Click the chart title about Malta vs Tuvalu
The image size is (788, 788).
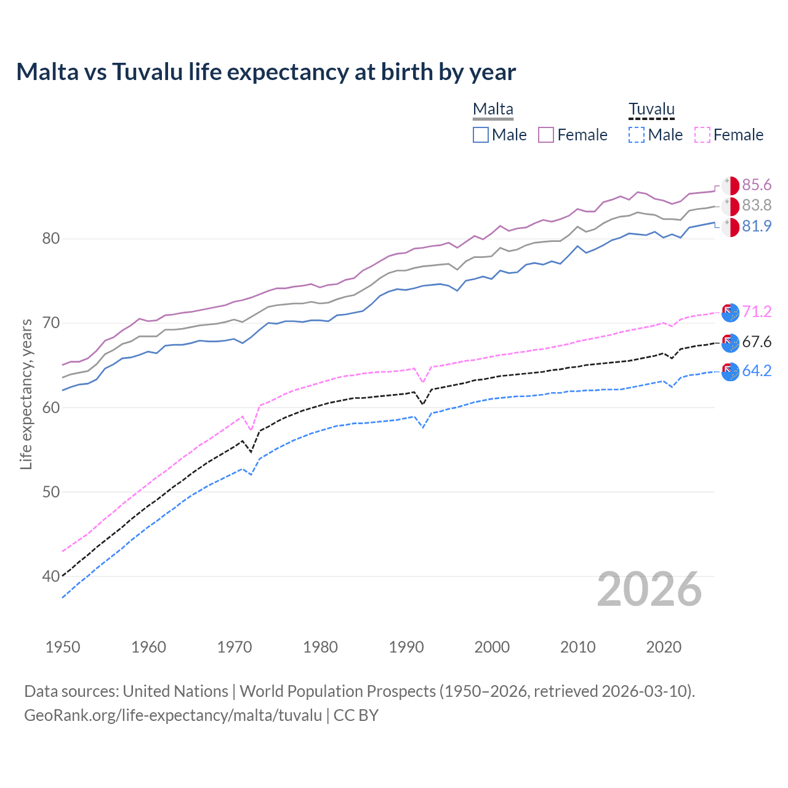point(266,72)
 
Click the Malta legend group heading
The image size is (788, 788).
point(492,110)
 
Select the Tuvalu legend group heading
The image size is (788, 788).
point(651,110)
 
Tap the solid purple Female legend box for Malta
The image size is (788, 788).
point(546,135)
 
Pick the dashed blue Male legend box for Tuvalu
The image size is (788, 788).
point(637,135)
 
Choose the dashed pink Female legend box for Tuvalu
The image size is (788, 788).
point(702,135)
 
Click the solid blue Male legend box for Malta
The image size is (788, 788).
point(481,135)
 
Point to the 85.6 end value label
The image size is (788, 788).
point(757,185)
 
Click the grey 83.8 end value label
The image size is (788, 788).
point(757,206)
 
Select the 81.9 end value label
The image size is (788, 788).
point(757,227)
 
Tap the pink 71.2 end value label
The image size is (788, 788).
point(757,312)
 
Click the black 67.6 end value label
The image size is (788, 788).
point(757,342)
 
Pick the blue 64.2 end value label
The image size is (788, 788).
point(757,371)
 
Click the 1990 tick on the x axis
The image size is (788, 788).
point(406,647)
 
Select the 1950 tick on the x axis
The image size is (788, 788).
point(63,647)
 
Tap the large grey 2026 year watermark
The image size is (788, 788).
point(649,590)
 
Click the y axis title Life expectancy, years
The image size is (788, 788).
point(26,394)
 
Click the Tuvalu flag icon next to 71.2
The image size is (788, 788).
point(730,313)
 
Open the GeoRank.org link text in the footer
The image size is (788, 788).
point(173,715)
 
